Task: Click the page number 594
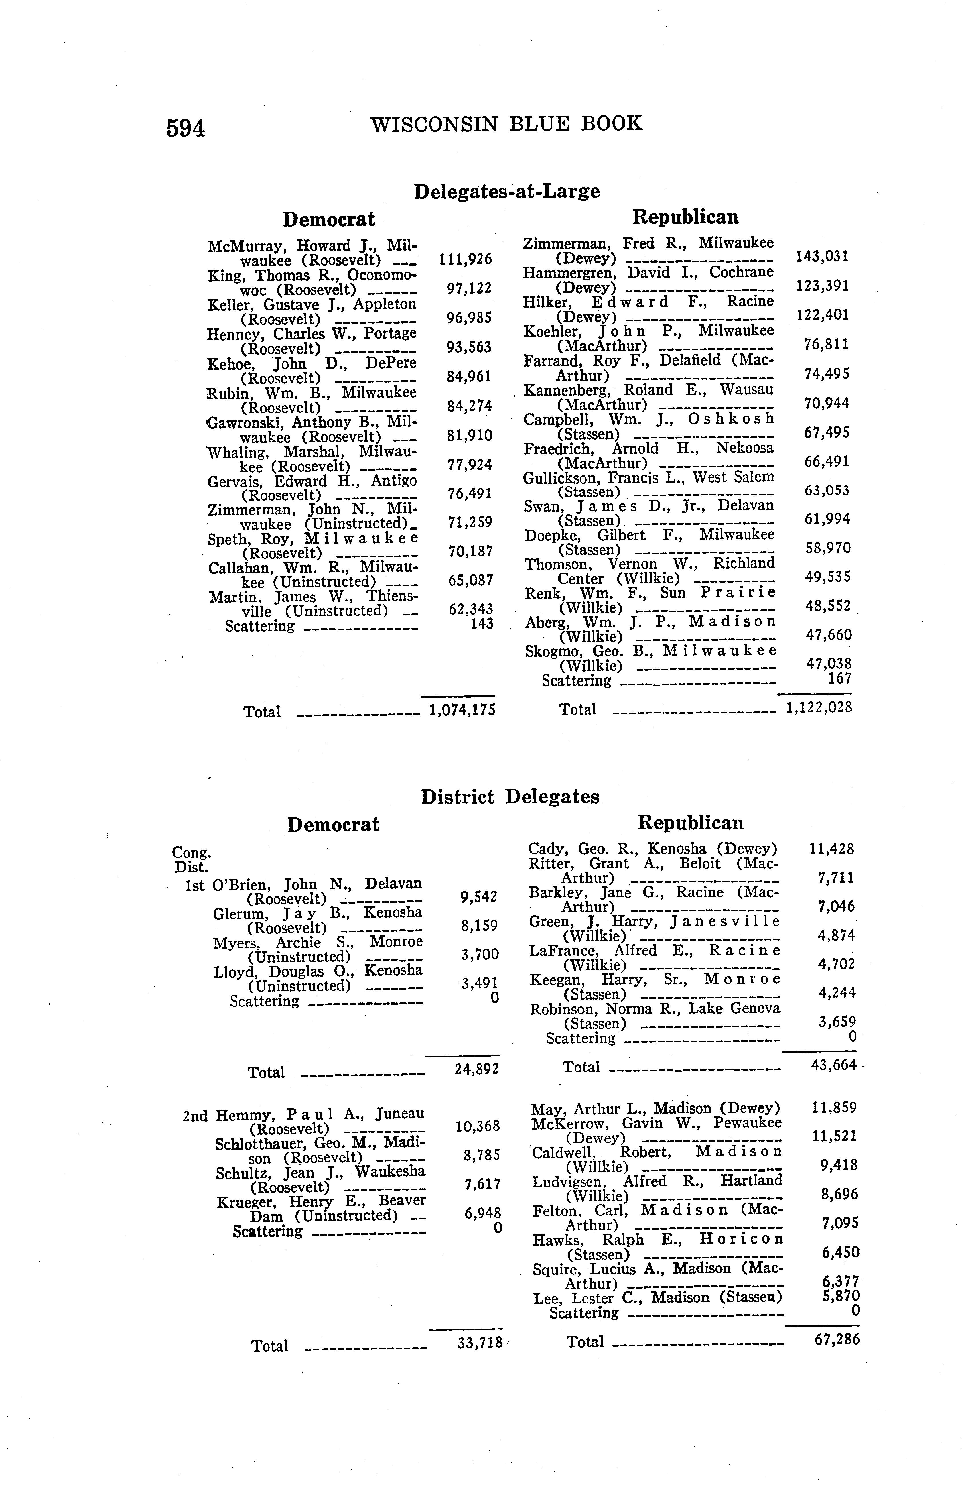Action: pos(186,127)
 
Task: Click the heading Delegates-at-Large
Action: pos(506,190)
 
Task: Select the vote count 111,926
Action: pos(465,259)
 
